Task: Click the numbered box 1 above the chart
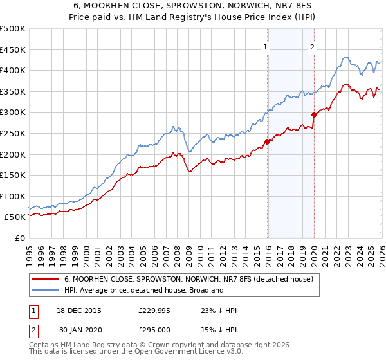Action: click(x=266, y=46)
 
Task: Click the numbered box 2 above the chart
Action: click(x=312, y=46)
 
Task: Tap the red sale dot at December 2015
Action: click(x=267, y=142)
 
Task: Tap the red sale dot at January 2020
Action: click(x=314, y=115)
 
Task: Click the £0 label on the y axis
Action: click(x=19, y=238)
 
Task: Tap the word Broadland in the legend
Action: click(x=205, y=290)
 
